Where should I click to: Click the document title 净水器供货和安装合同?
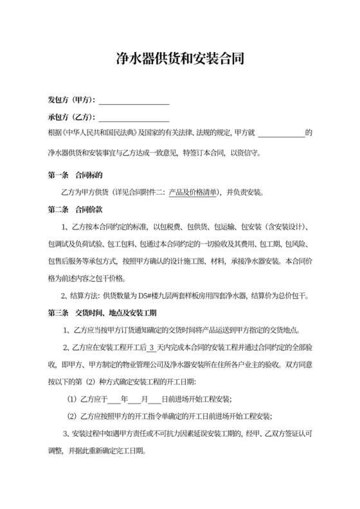click(x=180, y=59)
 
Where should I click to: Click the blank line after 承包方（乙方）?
click(x=134, y=118)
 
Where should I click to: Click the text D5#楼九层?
click(x=161, y=296)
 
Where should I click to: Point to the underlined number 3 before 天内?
click(x=151, y=347)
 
